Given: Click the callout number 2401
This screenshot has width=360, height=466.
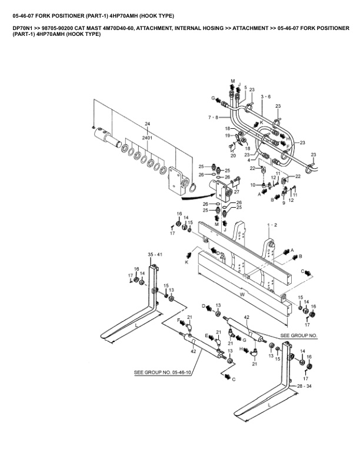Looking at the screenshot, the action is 147,138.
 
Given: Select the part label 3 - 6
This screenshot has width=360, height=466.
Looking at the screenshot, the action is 266,96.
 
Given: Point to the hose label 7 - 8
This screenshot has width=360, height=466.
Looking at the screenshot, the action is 214,118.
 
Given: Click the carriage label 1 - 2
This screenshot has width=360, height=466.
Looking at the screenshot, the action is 272,225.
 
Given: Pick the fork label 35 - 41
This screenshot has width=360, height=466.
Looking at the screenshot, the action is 155,254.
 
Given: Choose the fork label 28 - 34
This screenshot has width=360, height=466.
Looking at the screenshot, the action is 304,386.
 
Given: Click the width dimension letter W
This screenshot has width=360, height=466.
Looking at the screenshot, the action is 242,295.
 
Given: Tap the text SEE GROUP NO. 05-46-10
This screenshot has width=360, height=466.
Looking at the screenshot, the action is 162,372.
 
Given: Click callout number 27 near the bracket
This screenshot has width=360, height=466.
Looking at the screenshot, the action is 236,192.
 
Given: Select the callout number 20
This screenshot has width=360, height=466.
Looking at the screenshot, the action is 233,155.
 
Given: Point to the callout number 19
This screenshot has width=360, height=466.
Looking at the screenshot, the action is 228,136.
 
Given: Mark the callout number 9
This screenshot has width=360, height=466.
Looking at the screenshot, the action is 284,203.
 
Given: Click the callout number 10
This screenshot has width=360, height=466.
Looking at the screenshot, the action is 253,185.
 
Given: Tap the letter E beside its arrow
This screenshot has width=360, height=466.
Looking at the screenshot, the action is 206,335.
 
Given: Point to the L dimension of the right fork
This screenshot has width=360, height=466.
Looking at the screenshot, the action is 269,405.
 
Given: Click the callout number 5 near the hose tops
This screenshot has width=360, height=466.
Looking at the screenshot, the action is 246,87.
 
